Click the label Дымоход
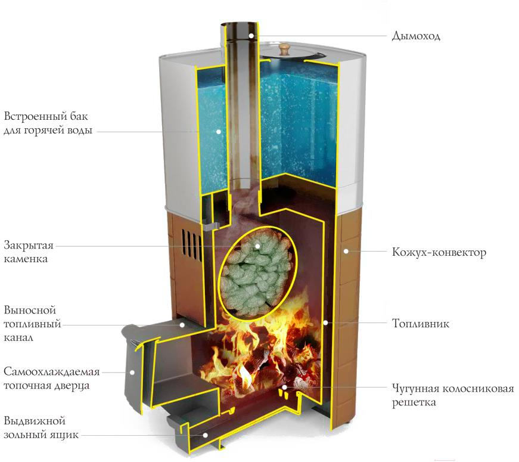point(416,35)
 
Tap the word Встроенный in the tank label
point(35,116)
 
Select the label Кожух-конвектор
point(439,252)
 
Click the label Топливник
point(421,323)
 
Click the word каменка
point(26,259)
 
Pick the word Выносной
point(30,311)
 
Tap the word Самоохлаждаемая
point(52,371)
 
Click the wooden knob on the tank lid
point(284,49)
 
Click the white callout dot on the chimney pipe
point(251,35)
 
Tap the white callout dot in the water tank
point(219,132)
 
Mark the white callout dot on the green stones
point(257,246)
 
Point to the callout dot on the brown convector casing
point(346,252)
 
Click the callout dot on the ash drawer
point(205,435)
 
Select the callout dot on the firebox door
point(132,372)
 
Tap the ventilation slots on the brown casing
point(191,244)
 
